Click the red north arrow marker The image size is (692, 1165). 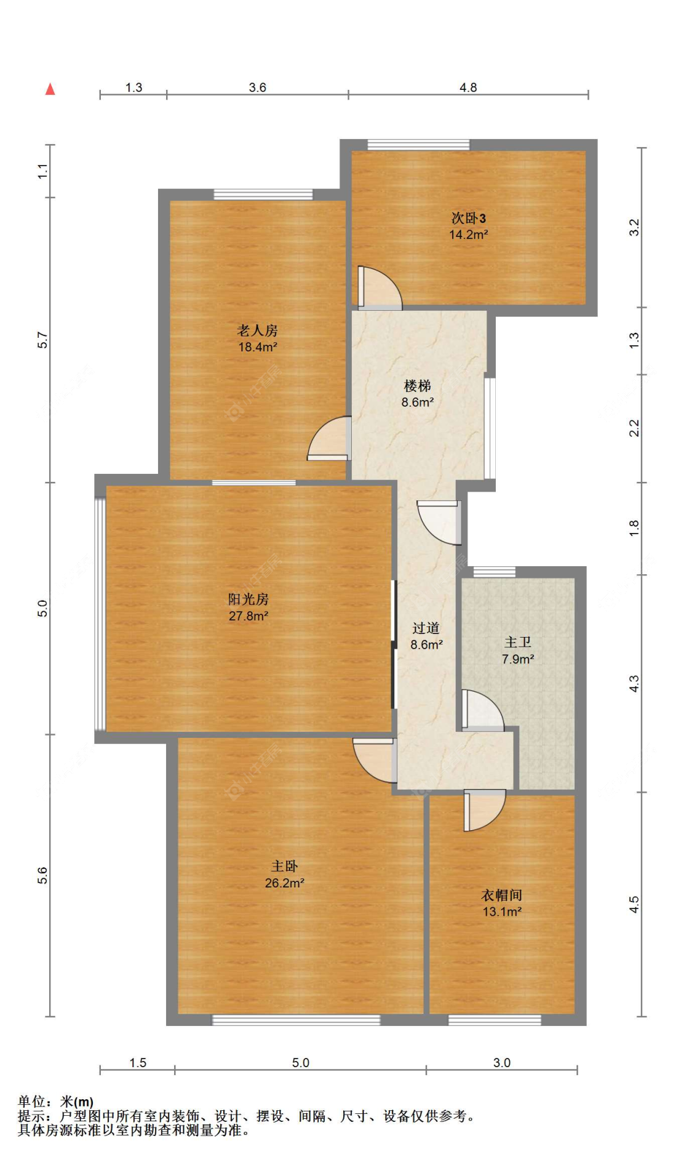click(50, 89)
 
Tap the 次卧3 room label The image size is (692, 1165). click(469, 218)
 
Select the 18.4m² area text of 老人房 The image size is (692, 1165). click(258, 347)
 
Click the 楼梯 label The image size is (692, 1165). click(418, 386)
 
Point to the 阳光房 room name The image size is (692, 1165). click(249, 599)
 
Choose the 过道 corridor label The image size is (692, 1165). click(426, 628)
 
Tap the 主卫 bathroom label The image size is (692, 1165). click(518, 643)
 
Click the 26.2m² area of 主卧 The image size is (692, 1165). click(285, 883)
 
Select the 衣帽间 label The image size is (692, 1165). click(502, 895)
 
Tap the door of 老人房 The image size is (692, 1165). click(330, 439)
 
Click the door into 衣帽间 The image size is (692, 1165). click(485, 810)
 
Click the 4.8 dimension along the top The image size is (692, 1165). click(468, 87)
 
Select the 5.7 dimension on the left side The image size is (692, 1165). click(42, 340)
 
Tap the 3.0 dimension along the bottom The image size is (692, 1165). click(502, 1062)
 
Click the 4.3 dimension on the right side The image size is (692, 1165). click(634, 683)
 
